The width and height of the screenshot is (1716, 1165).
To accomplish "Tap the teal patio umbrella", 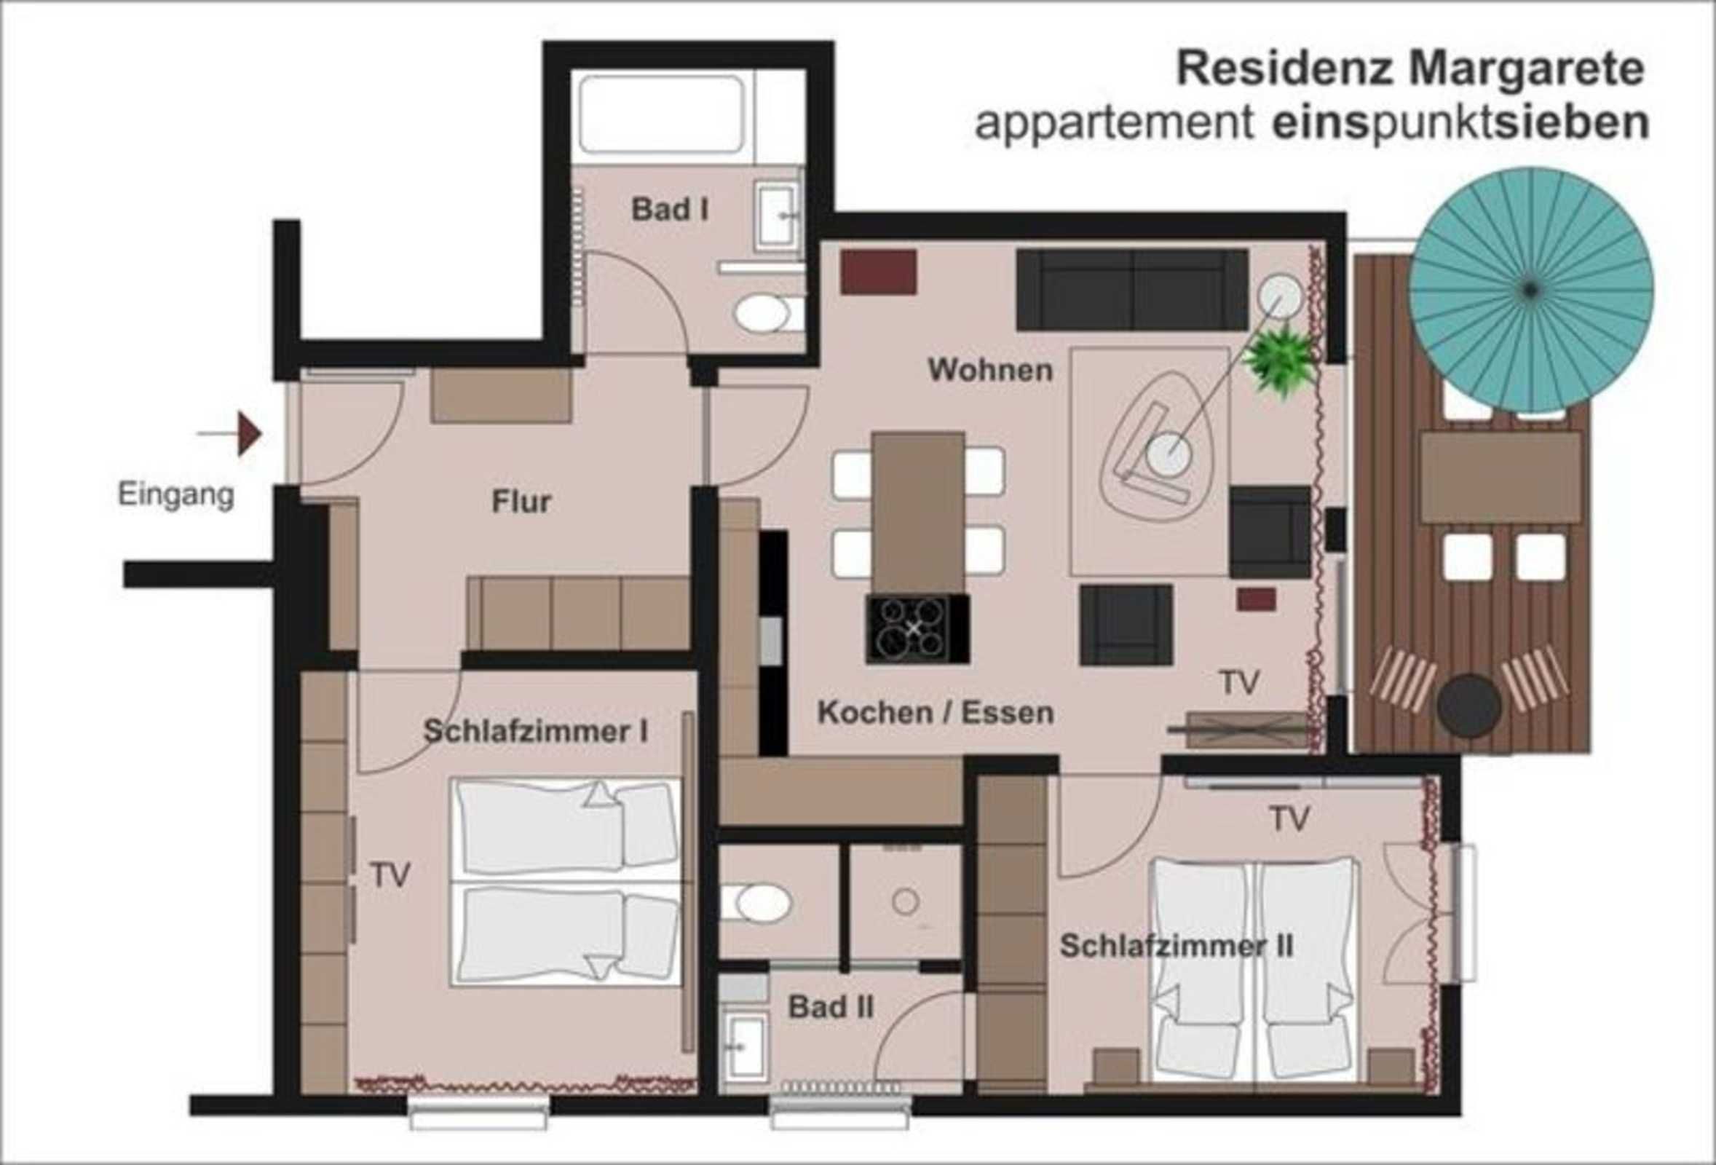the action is pos(1531,290).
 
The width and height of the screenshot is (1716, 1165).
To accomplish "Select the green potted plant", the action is pos(1281,360).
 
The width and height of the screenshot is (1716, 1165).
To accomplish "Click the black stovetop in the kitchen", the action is pos(917,630).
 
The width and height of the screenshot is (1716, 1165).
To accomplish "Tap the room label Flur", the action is pos(521,502).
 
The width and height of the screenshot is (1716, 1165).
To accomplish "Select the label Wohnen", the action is pos(990,370).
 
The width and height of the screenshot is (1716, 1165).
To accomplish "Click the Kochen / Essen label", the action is pos(936,712).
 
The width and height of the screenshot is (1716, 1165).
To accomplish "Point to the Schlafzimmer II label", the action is pos(1177,946).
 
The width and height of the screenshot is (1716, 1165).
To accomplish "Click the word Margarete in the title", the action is pos(1526,68).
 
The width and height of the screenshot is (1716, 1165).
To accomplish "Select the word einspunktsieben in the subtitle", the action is pos(1461,122).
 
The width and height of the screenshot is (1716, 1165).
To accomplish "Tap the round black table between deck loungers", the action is pos(1468,706).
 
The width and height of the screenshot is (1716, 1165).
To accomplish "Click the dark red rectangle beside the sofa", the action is pos(879,272).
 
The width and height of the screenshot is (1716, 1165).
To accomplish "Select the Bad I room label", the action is pos(670,210).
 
